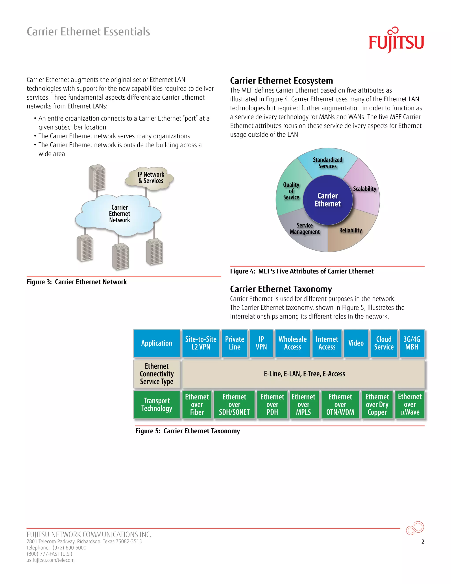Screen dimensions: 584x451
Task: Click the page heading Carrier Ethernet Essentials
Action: [x=88, y=32]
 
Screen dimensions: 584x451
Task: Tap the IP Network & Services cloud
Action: [x=151, y=178]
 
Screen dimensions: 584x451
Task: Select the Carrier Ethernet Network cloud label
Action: [x=119, y=214]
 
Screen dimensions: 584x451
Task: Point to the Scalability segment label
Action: [x=364, y=189]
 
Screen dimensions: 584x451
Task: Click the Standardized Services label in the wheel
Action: [x=327, y=163]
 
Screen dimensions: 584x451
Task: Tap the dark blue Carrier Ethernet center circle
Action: [x=327, y=200]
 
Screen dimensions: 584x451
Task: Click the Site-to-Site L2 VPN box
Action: [x=201, y=343]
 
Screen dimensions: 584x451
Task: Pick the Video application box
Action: [x=356, y=343]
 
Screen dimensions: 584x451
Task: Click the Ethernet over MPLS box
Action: [x=303, y=404]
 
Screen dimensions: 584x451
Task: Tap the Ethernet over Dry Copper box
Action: [x=377, y=404]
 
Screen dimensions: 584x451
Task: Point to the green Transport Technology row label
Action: [x=157, y=404]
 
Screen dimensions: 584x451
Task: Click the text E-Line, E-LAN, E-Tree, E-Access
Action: [x=304, y=374]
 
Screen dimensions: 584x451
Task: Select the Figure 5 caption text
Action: [x=188, y=431]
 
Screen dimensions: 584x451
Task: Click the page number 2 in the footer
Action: [x=423, y=542]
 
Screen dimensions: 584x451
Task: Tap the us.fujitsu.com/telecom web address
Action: [x=50, y=560]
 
